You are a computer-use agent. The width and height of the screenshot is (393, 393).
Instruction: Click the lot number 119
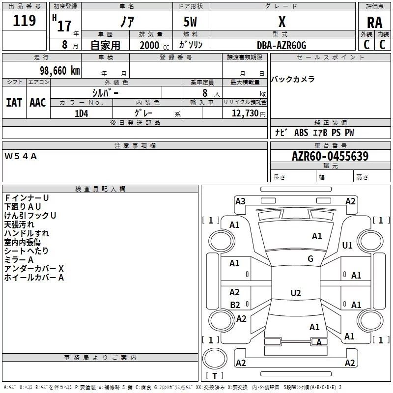coord(25,21)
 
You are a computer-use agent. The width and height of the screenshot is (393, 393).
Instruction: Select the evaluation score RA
coord(374,23)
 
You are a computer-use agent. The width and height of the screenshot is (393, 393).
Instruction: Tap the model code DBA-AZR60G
coord(281,45)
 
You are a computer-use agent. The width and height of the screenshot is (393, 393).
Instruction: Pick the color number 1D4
coord(82,113)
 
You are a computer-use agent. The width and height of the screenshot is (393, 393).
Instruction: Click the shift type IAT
coord(14,102)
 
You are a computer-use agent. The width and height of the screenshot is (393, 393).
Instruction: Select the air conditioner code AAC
coord(38,102)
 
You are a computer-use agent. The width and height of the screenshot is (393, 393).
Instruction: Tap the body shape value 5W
coord(191,23)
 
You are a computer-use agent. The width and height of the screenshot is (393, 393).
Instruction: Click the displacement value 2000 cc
coord(153,45)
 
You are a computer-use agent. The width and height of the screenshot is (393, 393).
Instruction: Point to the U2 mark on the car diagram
coord(295,293)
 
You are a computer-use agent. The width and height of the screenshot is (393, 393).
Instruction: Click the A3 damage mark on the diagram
coord(240,201)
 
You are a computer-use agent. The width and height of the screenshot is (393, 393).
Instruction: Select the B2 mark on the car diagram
coord(235,305)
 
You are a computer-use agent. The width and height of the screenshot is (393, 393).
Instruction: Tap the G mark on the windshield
coord(310,259)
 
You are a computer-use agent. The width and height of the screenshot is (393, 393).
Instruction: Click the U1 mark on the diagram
coord(347,246)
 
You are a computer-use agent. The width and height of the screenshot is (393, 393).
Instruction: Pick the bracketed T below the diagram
coord(214,376)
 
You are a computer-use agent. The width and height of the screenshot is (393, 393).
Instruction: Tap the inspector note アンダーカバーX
coord(34,269)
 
